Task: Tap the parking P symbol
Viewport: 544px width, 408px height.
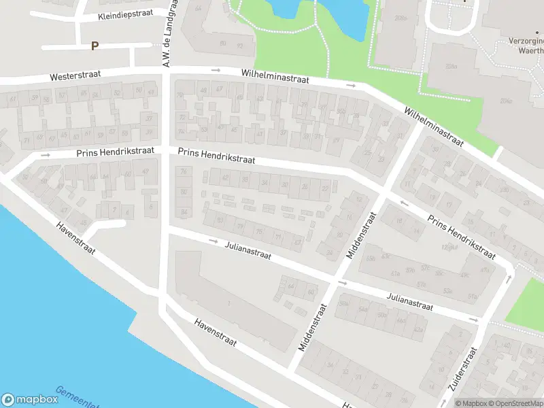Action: coord(95,46)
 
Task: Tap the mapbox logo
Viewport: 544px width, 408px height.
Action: coord(31,400)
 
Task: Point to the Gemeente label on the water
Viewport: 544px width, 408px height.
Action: coord(76,398)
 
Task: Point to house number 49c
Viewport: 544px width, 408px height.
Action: coord(464,275)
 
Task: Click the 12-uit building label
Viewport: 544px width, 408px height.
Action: coord(448,247)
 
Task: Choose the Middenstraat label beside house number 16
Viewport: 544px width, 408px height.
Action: coord(361,235)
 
